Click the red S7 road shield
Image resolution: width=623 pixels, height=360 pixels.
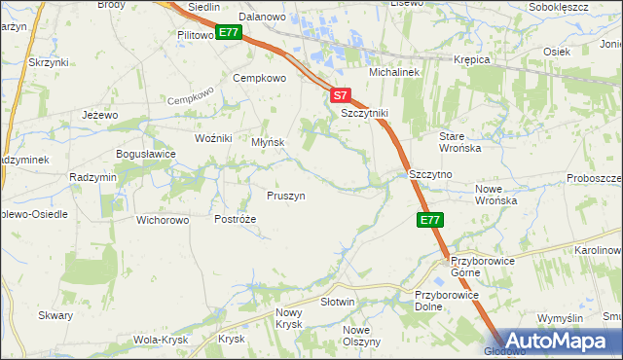339,95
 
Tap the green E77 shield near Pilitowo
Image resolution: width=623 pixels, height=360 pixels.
229,32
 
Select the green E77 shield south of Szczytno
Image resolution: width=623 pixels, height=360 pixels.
431,221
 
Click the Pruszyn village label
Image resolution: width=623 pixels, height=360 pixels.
286,196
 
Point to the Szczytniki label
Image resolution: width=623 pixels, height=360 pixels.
365,113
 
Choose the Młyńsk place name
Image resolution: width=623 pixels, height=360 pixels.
268,142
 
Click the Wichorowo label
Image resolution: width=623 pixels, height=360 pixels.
163,220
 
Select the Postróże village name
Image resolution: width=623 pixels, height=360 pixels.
235,220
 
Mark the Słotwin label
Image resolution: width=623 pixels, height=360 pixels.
338,303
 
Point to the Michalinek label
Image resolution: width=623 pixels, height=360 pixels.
393,73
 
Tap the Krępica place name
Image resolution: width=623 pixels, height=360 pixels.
472,59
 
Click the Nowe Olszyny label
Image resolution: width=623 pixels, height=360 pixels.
361,336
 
